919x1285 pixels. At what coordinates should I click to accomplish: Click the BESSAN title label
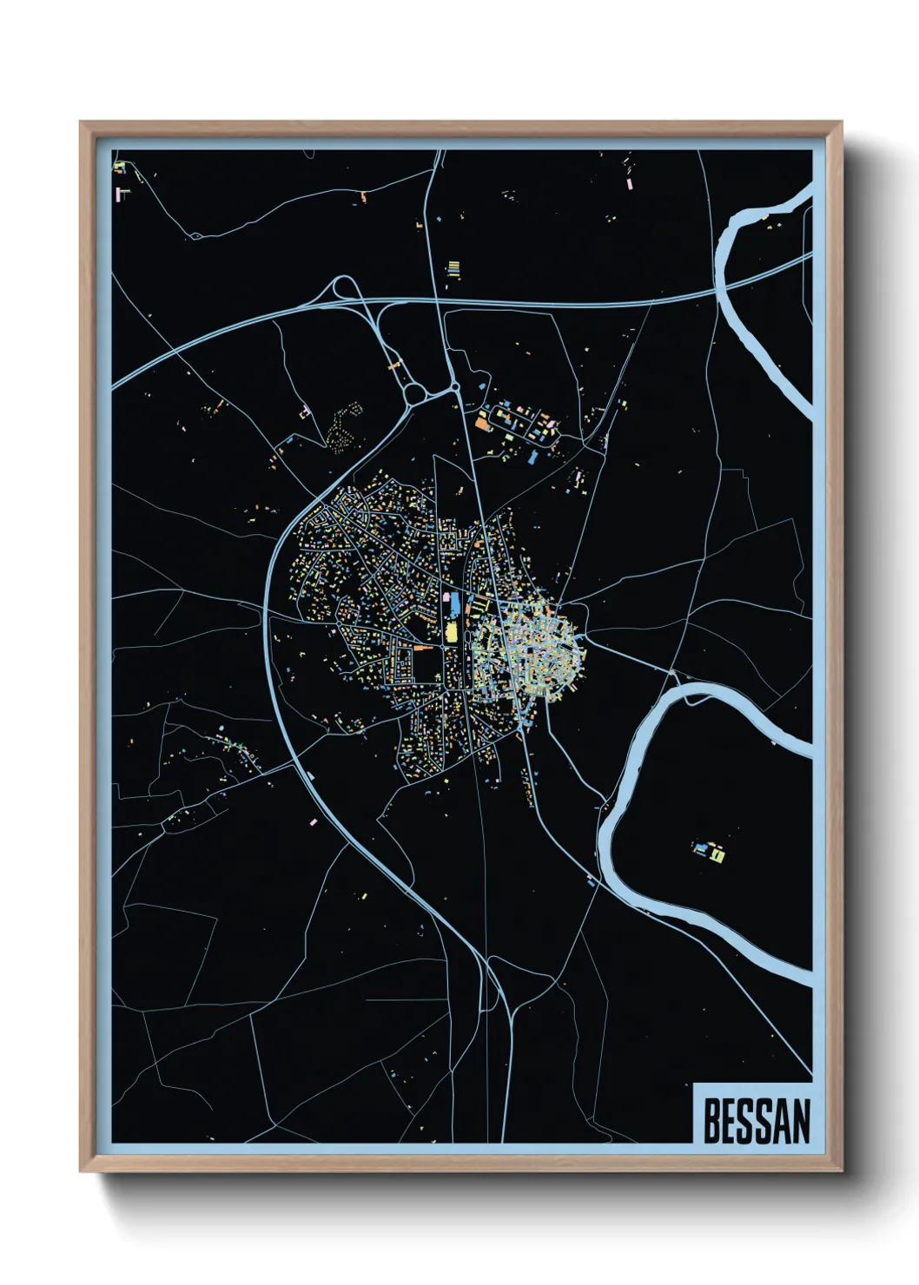tap(756, 1121)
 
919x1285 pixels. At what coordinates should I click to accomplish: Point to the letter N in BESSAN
tap(801, 1121)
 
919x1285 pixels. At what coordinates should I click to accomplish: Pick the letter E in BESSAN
tap(729, 1121)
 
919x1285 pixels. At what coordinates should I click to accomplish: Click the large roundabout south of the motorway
tap(414, 394)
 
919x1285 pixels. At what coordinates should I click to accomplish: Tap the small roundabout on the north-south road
tap(454, 387)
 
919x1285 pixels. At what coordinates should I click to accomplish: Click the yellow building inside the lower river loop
tap(719, 855)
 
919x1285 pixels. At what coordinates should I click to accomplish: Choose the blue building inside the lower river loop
tap(700, 847)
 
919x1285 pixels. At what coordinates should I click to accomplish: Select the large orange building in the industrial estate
tap(483, 424)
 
